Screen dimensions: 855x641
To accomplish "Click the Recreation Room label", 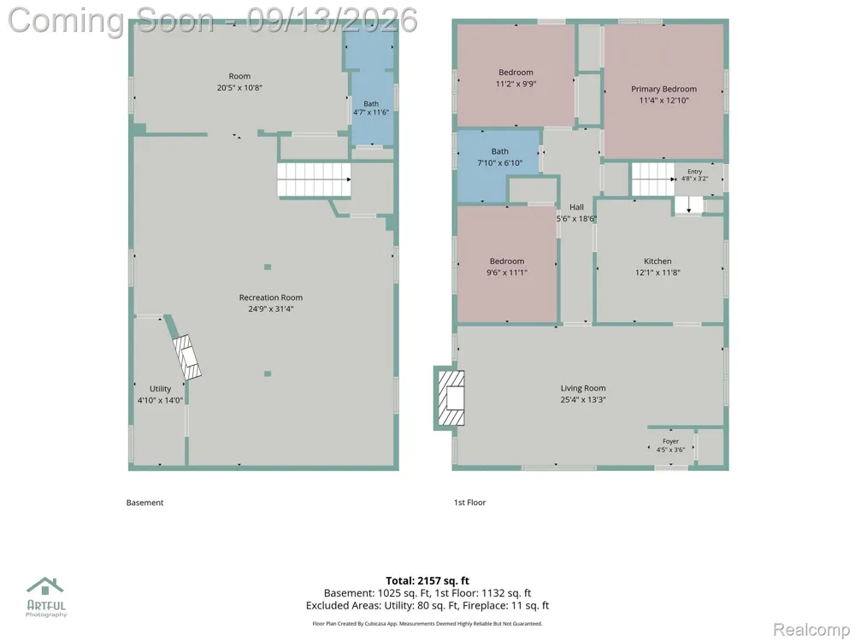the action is coord(270,297).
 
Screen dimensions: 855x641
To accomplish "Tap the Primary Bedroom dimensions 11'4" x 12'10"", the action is coord(663,100).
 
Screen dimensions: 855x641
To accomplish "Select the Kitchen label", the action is coord(657,261).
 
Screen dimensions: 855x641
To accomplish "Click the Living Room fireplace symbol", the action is coord(451,398).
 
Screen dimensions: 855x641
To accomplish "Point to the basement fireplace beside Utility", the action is coord(187,357).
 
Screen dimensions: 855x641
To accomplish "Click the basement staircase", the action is coord(314,179).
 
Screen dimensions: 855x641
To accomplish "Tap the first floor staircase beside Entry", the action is coord(652,179).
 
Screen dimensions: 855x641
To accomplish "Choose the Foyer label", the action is coord(670,442).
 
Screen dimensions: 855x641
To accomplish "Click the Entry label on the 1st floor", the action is coord(694,172).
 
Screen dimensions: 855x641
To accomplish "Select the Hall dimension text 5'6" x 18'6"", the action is coord(576,219).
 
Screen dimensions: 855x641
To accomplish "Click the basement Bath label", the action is coord(371,103).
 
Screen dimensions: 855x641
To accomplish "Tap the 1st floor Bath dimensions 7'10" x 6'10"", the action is coord(500,163).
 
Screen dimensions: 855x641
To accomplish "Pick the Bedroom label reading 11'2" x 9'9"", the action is coord(516,73).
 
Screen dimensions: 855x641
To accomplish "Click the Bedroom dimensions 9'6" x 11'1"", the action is coord(507,273).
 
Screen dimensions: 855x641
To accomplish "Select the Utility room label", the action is coord(161,389).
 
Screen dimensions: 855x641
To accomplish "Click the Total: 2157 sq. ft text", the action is coord(427,580).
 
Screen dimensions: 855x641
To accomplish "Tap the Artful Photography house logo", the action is coord(46,586).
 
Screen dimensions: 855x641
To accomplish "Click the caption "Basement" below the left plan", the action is coord(144,503).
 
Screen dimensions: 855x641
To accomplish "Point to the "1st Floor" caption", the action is coord(470,503).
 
